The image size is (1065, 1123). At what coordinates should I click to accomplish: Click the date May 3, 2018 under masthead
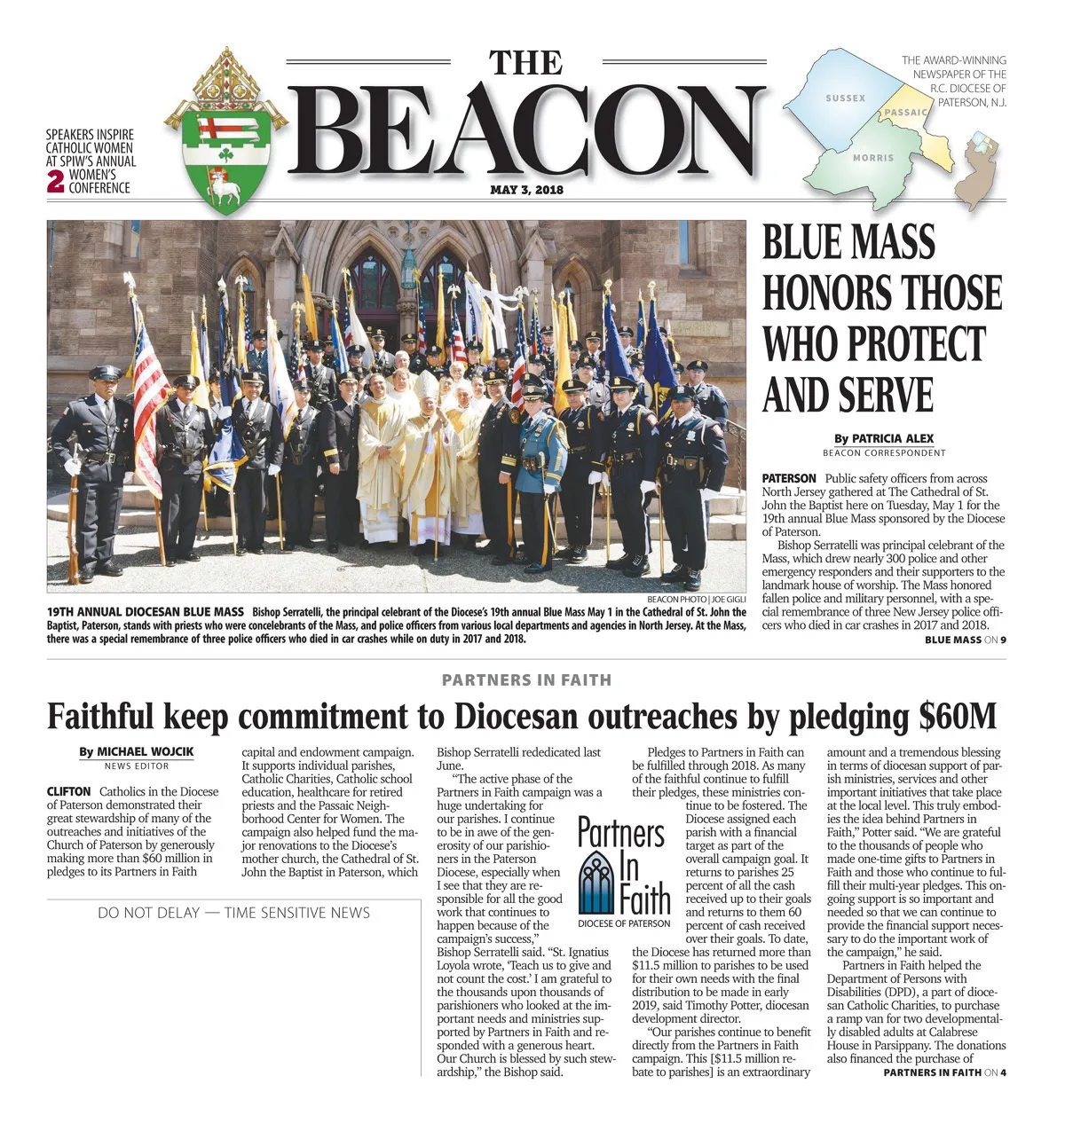(x=526, y=190)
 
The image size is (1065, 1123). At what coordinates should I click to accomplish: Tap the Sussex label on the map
(x=845, y=98)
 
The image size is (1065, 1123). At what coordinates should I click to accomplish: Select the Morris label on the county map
(x=873, y=158)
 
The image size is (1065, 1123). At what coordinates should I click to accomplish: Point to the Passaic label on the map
(x=905, y=113)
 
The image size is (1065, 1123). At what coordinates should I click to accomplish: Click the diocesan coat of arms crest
(x=225, y=133)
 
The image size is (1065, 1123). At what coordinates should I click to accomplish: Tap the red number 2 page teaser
(x=55, y=181)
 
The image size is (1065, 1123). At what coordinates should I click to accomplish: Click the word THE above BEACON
(x=526, y=64)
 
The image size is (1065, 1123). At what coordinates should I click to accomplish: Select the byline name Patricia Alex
(x=892, y=438)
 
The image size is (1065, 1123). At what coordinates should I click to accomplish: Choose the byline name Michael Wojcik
(x=145, y=751)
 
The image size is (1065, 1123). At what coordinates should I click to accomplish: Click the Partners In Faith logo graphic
(x=624, y=869)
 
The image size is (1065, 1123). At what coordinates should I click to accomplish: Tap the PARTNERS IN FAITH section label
(x=526, y=680)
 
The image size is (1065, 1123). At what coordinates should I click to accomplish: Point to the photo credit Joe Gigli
(x=728, y=600)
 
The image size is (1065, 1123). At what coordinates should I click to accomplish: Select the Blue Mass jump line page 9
(x=965, y=640)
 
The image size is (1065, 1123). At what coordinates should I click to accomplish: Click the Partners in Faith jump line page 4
(x=944, y=1072)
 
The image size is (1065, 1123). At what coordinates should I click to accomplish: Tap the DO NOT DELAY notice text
(x=233, y=913)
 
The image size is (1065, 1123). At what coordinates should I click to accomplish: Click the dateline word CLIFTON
(x=69, y=791)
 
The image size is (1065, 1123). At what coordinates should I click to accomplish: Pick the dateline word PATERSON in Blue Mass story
(x=788, y=478)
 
